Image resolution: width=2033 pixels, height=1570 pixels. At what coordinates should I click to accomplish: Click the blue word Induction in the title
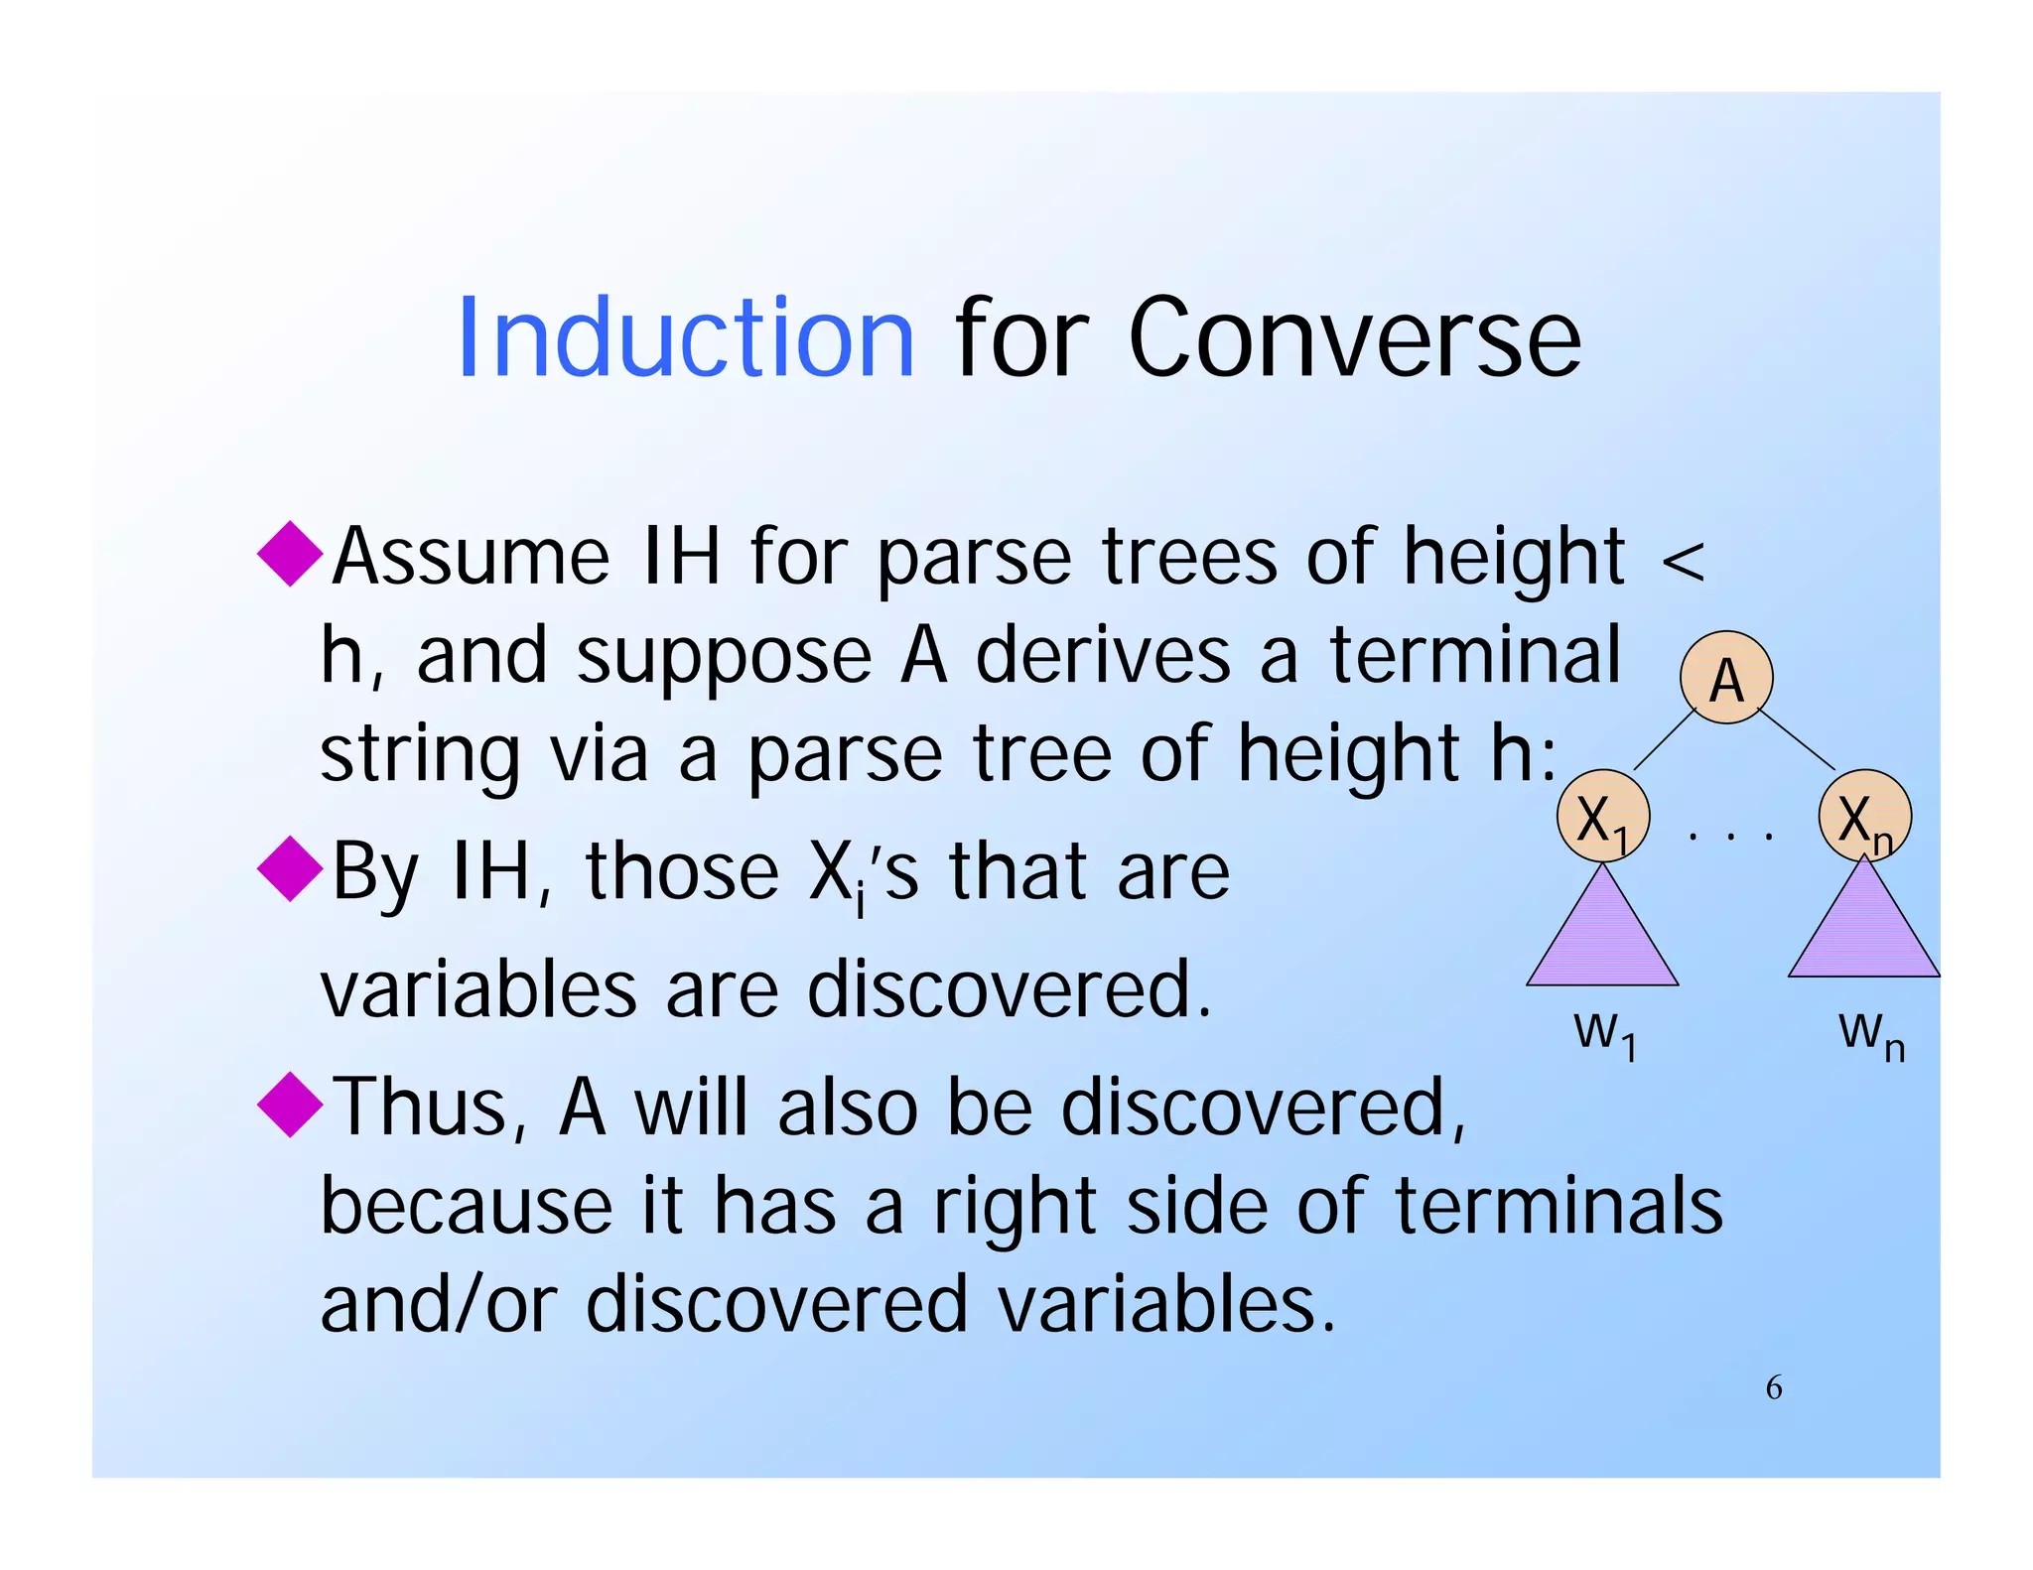coord(685,339)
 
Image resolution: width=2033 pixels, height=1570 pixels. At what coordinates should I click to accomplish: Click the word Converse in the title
coord(1354,339)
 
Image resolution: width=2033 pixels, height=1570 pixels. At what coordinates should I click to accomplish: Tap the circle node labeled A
coord(1726,678)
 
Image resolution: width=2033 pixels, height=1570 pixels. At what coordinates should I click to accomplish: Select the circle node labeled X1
coord(1602,817)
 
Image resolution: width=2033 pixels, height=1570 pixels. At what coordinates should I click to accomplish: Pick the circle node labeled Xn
coord(1864,817)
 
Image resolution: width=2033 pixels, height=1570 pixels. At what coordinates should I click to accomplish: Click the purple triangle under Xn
coord(1864,933)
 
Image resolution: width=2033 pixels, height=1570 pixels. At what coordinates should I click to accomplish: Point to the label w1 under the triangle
coord(1604,1034)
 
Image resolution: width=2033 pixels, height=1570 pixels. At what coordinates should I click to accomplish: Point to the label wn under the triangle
coord(1870,1034)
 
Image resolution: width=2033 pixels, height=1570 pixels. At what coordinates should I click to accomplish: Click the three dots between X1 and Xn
coord(1729,837)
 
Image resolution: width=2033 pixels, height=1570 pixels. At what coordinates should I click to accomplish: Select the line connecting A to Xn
coord(1797,739)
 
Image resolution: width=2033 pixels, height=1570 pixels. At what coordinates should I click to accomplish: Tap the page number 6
coord(1773,1387)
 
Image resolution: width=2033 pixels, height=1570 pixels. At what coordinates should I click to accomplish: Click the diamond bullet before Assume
coord(290,553)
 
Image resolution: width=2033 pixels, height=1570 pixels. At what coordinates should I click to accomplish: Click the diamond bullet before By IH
coord(290,868)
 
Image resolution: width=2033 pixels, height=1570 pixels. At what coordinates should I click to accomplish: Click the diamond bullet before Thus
coord(290,1104)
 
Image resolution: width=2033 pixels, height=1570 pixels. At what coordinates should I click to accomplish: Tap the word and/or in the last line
coord(439,1304)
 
